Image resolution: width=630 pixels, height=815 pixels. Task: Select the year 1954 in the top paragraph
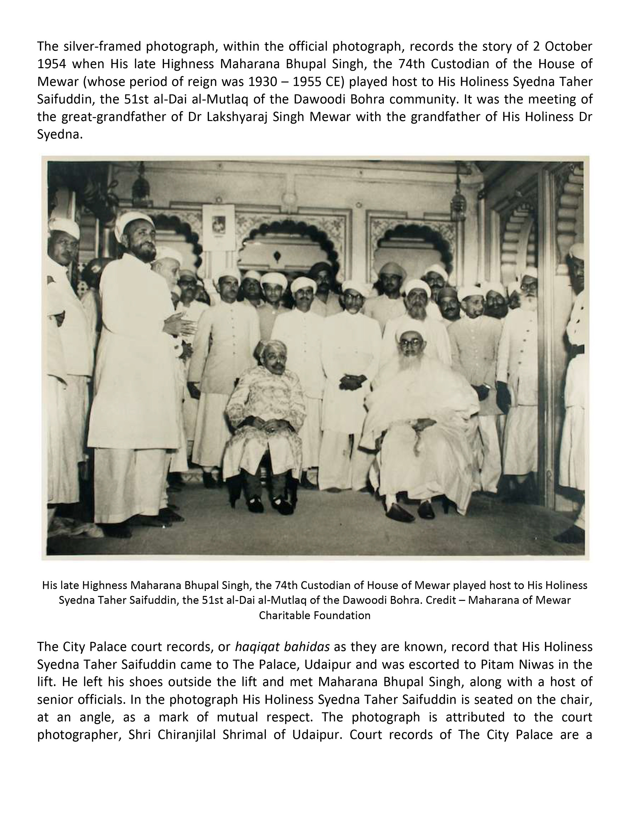[x=51, y=64]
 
